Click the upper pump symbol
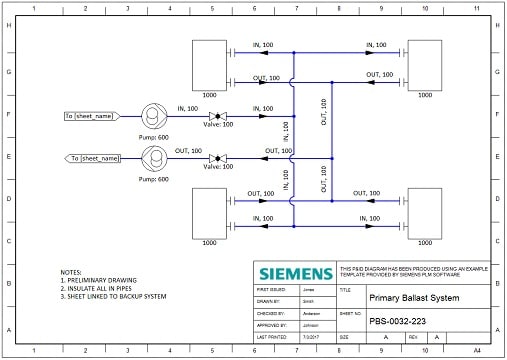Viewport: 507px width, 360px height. click(x=155, y=116)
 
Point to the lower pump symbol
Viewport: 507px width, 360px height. click(x=155, y=157)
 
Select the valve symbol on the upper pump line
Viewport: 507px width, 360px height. click(x=215, y=116)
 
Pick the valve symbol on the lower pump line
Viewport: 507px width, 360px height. click(x=215, y=157)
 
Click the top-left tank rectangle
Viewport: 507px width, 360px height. click(x=210, y=63)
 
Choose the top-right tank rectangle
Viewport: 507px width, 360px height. click(x=425, y=63)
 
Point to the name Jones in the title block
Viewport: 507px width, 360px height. click(x=307, y=287)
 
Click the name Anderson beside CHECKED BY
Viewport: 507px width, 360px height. click(x=311, y=311)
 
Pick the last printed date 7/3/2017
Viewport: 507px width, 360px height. click(x=310, y=337)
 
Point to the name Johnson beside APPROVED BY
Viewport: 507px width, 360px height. click(x=310, y=324)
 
